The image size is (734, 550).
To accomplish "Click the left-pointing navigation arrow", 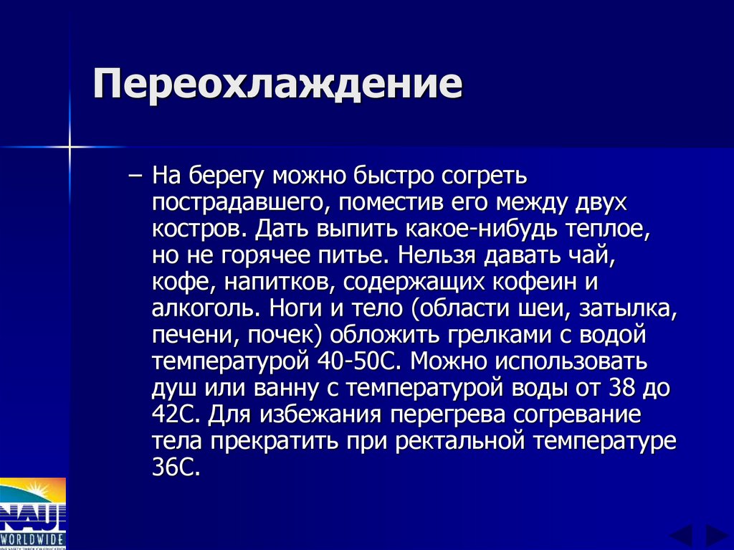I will (681, 536).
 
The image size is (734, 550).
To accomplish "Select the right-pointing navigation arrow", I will (716, 536).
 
